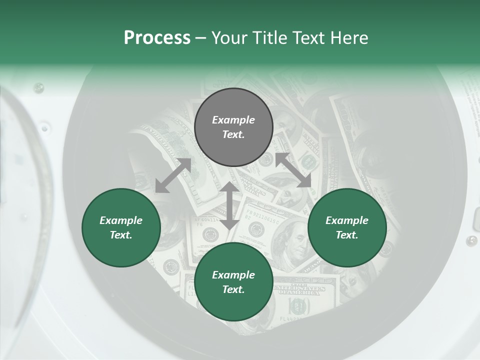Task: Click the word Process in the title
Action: coord(157,38)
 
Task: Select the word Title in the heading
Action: coord(270,38)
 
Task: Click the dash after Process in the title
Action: coord(201,38)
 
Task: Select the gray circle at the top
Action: coord(233,127)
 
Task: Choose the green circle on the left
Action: coord(121,227)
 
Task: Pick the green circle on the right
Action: coord(347,227)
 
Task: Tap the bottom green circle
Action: coord(233,282)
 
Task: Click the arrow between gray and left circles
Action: coord(173,175)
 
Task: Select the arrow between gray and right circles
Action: coord(293,170)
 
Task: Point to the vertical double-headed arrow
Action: coord(229,205)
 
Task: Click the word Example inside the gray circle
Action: coord(233,120)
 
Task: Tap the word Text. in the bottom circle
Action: coord(233,289)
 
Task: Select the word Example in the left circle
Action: coord(121,220)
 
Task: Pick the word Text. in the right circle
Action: coord(346,235)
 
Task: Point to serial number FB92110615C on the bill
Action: coord(265,218)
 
